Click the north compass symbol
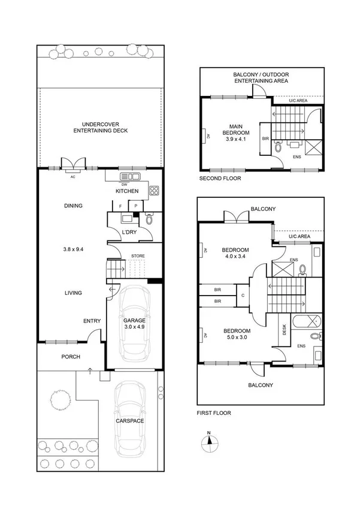tap(208, 442)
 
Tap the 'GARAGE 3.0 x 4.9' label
tap(135, 324)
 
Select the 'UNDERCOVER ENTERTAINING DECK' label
tap(100, 127)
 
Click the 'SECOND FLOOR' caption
tap(220, 179)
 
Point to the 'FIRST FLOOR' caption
tap(214, 413)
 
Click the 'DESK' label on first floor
tap(283, 330)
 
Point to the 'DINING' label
tap(73, 206)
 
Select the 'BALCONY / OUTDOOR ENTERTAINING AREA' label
tap(261, 77)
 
